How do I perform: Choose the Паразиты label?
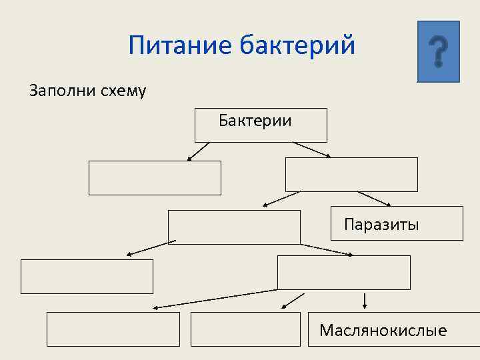coord(381,224)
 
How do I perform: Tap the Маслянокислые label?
coord(383,330)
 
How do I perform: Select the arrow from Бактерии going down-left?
coord(198,152)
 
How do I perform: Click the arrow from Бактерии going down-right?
coord(312,150)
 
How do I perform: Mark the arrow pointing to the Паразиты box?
coord(375,199)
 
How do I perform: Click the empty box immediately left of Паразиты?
coord(234,227)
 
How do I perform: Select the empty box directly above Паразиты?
coord(351,175)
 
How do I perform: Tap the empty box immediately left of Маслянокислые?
coord(245,329)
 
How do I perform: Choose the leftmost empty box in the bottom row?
coord(113,329)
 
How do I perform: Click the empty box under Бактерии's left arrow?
coord(155,178)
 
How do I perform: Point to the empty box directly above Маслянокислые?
coord(343,273)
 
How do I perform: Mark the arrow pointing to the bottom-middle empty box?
coord(293,301)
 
